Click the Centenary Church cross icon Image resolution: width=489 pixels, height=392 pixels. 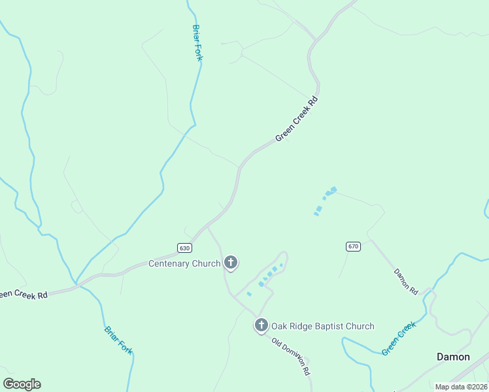point(230,263)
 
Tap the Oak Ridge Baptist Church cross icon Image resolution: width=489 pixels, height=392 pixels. point(261,325)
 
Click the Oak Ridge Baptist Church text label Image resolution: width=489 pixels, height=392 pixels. point(323,326)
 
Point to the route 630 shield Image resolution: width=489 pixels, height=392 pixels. point(184,248)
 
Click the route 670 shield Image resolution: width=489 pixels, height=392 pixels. point(353,246)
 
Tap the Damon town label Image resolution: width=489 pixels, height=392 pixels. point(453,357)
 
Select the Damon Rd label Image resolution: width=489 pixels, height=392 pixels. point(405,280)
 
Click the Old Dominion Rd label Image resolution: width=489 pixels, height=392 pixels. point(291,357)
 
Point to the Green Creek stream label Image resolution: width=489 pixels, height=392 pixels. point(399,338)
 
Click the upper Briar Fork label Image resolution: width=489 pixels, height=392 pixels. point(197,42)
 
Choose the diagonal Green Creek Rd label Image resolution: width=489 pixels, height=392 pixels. point(296,120)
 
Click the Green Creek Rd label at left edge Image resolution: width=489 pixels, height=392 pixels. point(24,295)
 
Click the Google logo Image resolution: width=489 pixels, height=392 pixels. point(22,384)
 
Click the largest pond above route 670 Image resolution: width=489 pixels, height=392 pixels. point(333,190)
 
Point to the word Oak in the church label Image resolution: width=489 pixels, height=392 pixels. point(280,326)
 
